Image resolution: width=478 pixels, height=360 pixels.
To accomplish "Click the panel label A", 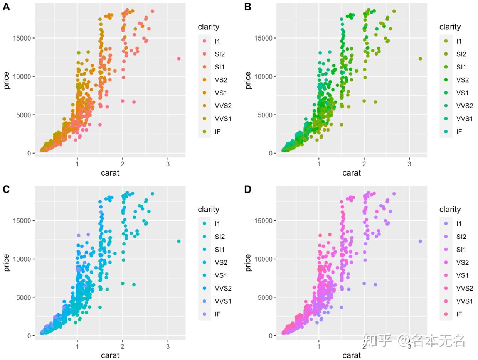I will point(6,7).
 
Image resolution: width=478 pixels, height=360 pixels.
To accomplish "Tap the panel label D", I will point(248,189).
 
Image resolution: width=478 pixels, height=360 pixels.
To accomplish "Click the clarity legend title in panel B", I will point(450,27).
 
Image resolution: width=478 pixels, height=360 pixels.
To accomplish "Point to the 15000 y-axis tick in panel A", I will point(22,38).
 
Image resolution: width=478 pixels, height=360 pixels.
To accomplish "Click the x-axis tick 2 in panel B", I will point(364,164).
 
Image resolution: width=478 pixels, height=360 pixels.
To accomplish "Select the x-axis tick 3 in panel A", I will point(168,164).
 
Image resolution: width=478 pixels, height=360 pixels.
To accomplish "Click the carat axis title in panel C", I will point(110,355).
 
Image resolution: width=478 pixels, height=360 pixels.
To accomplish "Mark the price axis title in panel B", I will point(248,80).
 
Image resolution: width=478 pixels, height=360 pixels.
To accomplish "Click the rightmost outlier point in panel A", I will point(179,59).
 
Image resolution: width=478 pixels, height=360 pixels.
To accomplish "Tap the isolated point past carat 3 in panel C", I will point(179,241).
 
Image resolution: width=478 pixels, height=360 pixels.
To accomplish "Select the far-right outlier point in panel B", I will point(420,59).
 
